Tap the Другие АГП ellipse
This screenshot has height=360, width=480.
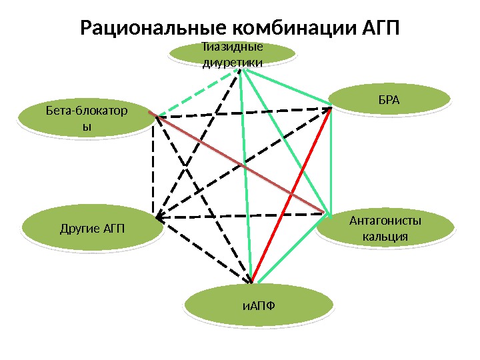tap(92, 230)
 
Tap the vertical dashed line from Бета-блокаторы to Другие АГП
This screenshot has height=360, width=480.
tap(153, 167)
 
